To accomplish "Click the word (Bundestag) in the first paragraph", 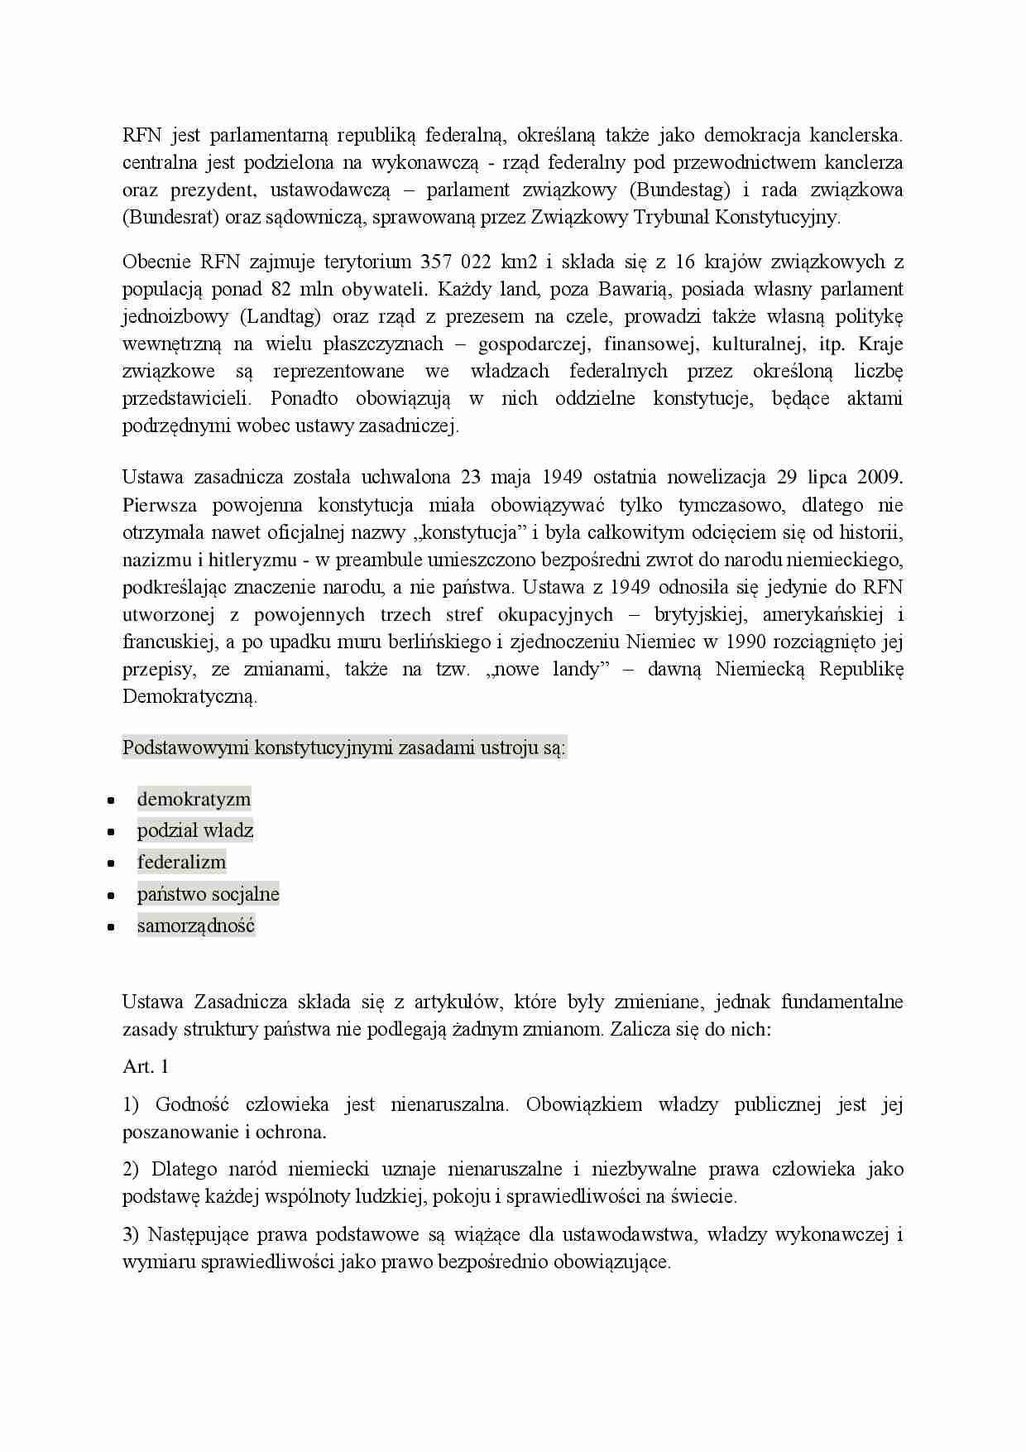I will pos(680,190).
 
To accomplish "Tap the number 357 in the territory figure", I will pos(436,262).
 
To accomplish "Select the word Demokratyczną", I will pos(189,696).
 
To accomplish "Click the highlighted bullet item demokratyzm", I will pos(194,799).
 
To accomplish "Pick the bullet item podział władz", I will pos(195,830).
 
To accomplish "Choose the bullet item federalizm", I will pos(181,862).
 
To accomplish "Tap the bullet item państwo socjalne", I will pos(208,894).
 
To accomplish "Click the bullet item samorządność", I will pos(196,926).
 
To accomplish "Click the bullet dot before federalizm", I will pos(111,863).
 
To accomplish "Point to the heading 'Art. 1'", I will pos(146,1067).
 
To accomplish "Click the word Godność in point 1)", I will pos(192,1105).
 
